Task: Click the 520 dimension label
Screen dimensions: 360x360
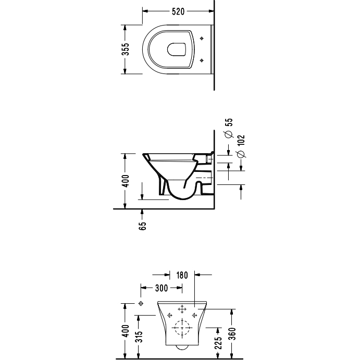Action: (178, 11)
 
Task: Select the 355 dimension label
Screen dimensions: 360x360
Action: (126, 49)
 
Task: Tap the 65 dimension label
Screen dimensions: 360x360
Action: (143, 226)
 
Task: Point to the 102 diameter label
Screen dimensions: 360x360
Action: (242, 140)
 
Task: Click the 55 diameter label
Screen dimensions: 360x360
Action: (229, 122)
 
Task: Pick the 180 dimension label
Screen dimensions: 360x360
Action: (182, 275)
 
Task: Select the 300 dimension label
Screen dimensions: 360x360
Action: (162, 288)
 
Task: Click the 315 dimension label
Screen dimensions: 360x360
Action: (139, 337)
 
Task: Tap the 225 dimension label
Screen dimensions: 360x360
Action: (218, 343)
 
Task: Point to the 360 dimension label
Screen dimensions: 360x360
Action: (232, 334)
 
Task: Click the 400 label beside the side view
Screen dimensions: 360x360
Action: (126, 181)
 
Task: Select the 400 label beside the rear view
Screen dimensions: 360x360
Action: (126, 331)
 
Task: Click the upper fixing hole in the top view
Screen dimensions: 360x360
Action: (202, 39)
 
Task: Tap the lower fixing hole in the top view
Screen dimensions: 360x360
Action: (202, 60)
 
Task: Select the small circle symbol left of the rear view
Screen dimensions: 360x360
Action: (141, 304)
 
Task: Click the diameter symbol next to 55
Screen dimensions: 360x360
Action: (229, 134)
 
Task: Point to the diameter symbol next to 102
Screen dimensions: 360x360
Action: (242, 154)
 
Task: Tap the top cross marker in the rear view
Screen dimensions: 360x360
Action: (182, 309)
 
